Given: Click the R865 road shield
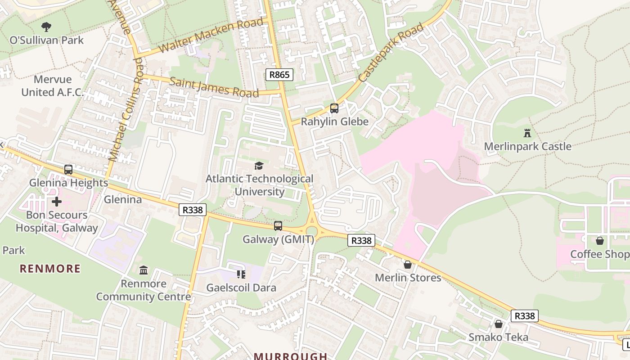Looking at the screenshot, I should [279, 75].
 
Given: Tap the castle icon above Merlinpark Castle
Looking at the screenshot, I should [527, 133].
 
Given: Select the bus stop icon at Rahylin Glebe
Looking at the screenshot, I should [334, 108].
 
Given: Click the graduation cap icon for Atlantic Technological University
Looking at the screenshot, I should [259, 166].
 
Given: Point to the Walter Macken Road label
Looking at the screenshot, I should [211, 36].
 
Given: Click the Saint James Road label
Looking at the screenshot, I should [214, 87].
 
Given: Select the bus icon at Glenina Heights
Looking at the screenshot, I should [68, 170].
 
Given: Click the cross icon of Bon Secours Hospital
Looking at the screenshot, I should [57, 201].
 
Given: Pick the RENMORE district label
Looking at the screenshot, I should [50, 269].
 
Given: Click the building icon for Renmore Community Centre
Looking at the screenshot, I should [144, 270].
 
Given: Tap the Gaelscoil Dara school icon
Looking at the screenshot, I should [241, 274].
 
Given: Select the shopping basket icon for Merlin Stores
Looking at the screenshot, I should [408, 265].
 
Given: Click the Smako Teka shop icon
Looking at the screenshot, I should [499, 324].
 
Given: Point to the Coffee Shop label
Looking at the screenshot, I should [599, 254].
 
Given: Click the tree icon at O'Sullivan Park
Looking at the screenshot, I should [46, 27].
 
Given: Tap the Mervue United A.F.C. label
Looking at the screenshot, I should [53, 86].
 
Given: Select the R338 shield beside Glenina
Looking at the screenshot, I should [193, 210].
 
